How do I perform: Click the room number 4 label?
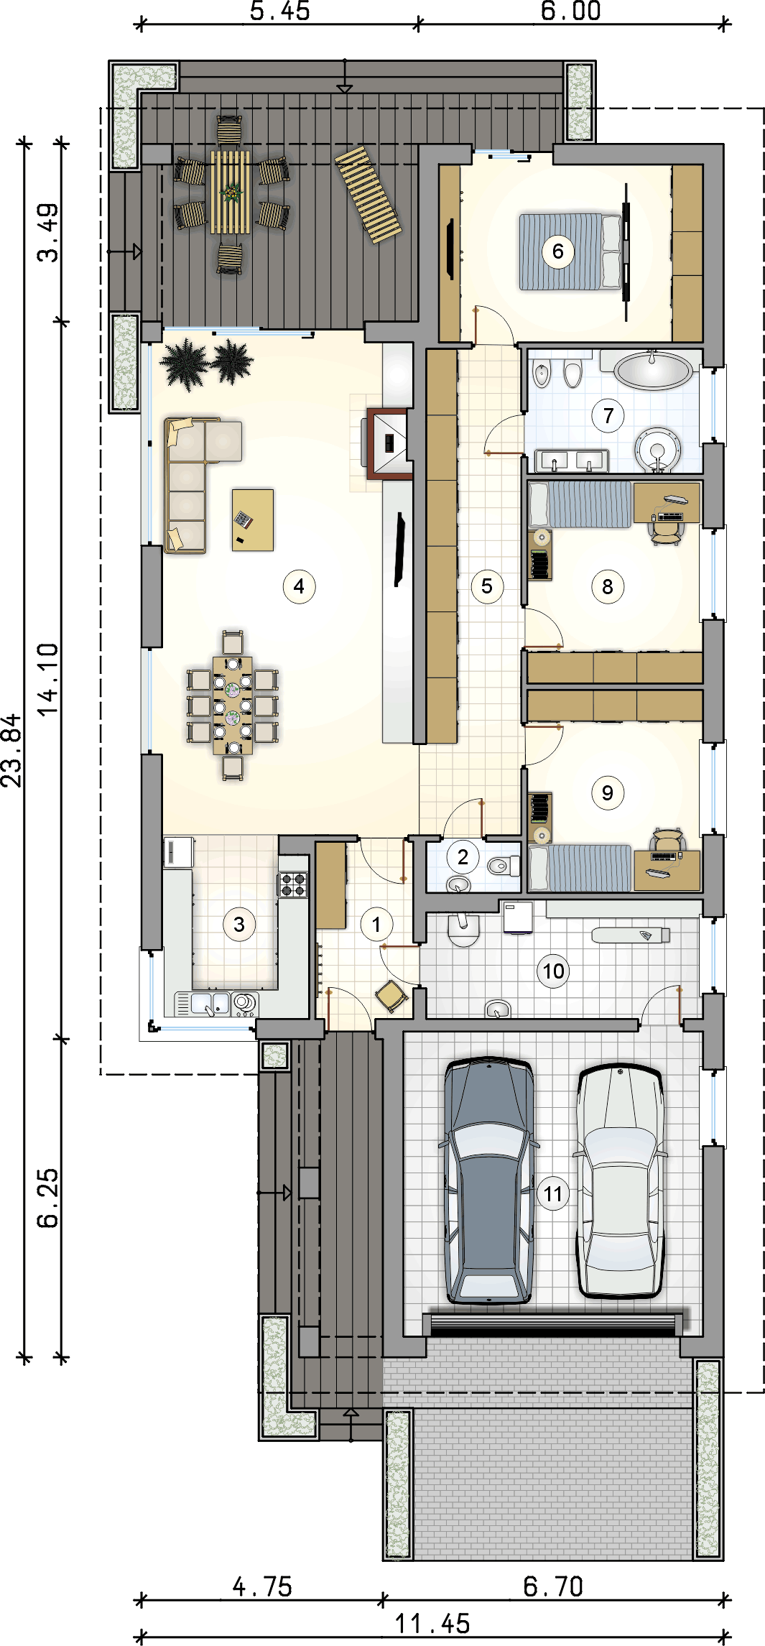pyautogui.click(x=299, y=586)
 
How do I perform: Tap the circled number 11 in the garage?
pyautogui.click(x=553, y=1194)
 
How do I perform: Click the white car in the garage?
pyautogui.click(x=620, y=1180)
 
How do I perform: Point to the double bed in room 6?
pyautogui.click(x=570, y=251)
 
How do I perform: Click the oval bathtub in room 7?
pyautogui.click(x=653, y=370)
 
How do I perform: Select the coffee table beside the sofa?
pyautogui.click(x=253, y=519)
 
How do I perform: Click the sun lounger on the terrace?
pyautogui.click(x=368, y=195)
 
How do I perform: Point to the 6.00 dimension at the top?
pyautogui.click(x=571, y=11)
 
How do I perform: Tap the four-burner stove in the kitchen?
pyautogui.click(x=293, y=884)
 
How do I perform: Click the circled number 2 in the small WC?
pyautogui.click(x=463, y=856)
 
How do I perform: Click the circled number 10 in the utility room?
pyautogui.click(x=553, y=971)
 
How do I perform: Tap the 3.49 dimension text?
pyautogui.click(x=49, y=233)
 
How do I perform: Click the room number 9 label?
pyautogui.click(x=608, y=792)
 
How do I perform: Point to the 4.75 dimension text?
pyautogui.click(x=263, y=1587)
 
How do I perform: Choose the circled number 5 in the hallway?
pyautogui.click(x=487, y=586)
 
